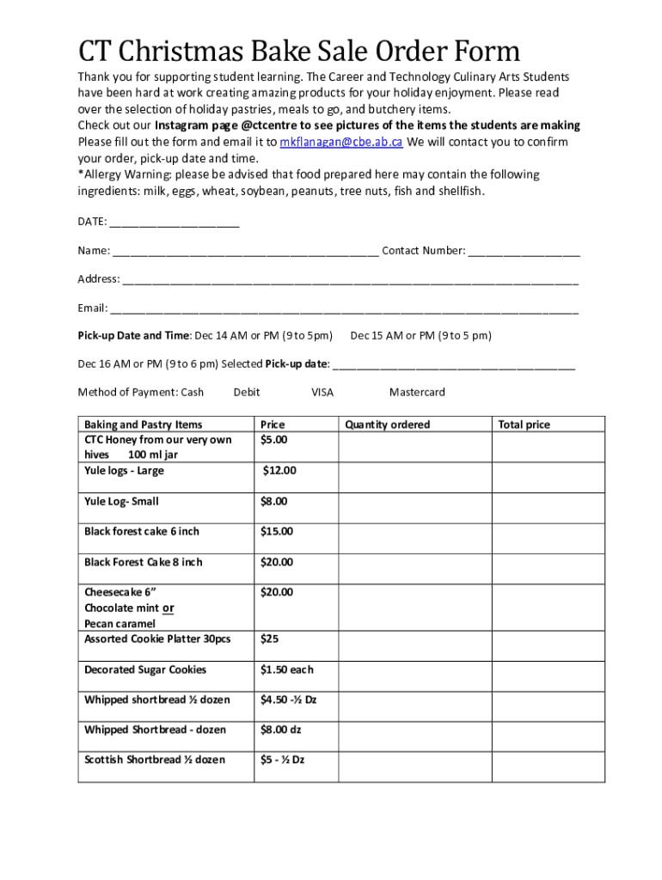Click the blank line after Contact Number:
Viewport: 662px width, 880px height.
coord(524,251)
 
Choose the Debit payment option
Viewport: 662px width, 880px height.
coord(247,392)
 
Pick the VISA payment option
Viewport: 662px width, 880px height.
coord(322,392)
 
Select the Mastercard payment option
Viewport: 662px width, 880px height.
coord(417,392)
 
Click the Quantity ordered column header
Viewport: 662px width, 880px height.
coord(387,425)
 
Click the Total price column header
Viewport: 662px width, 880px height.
coord(524,425)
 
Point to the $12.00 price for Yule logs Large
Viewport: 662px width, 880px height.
coord(279,471)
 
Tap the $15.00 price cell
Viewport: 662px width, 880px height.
coord(277,532)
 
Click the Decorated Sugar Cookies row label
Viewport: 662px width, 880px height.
coord(145,669)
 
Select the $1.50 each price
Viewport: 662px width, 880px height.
coord(286,669)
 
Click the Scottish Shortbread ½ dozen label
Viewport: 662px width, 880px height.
coord(155,760)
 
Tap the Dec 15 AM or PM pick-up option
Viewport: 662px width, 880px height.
coord(420,335)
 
